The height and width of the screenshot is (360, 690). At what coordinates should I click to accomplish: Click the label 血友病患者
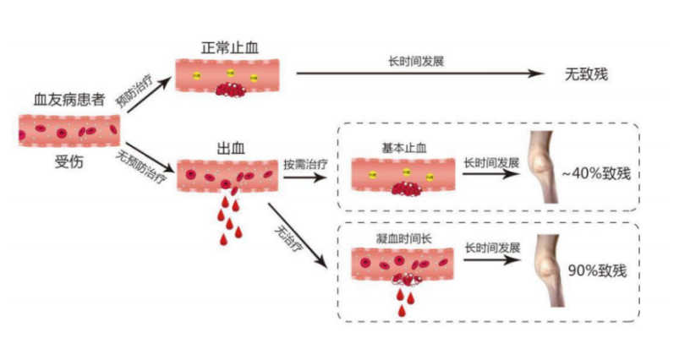click(69, 101)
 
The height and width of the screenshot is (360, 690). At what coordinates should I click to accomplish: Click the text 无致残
click(586, 74)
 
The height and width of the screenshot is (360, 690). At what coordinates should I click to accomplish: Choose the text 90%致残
click(596, 270)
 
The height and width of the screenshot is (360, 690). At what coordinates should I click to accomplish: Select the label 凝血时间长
click(403, 237)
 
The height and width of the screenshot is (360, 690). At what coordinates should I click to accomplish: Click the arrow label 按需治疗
click(302, 162)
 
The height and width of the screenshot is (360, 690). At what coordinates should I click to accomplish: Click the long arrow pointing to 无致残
click(419, 74)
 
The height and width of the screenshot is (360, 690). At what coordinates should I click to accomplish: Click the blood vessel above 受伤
click(69, 131)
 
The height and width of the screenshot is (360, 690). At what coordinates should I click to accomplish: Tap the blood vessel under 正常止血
click(228, 75)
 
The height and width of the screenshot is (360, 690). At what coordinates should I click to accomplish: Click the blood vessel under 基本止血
click(402, 174)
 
